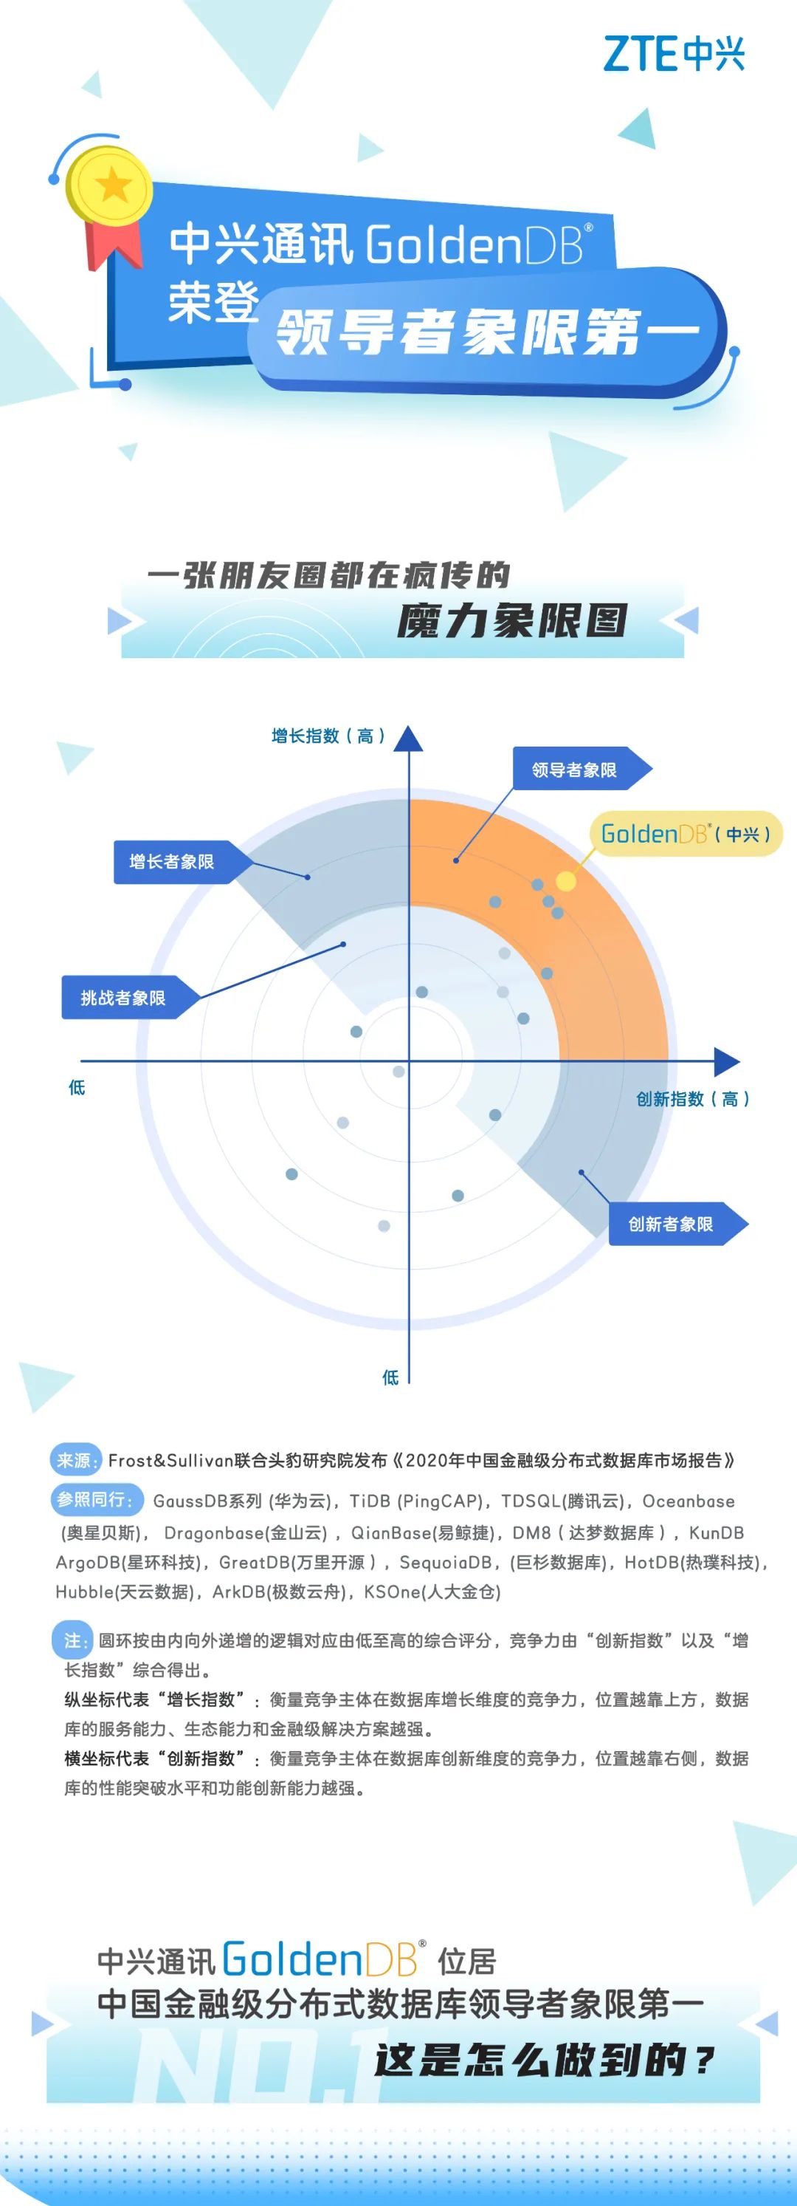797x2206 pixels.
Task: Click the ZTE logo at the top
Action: point(674,54)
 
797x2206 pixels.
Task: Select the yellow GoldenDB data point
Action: point(566,881)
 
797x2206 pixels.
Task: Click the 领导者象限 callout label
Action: point(574,770)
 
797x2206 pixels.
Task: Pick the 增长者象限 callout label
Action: point(172,862)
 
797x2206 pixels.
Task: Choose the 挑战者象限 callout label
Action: point(123,998)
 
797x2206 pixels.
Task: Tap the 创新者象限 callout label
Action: point(670,1224)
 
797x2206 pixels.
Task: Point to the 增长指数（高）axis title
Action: point(328,736)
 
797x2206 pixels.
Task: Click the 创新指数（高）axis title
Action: point(692,1099)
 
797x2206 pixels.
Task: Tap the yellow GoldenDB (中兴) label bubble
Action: point(686,834)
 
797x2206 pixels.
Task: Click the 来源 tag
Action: point(76,1460)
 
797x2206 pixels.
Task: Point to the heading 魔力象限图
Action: point(512,621)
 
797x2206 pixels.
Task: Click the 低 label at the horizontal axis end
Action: point(77,1088)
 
